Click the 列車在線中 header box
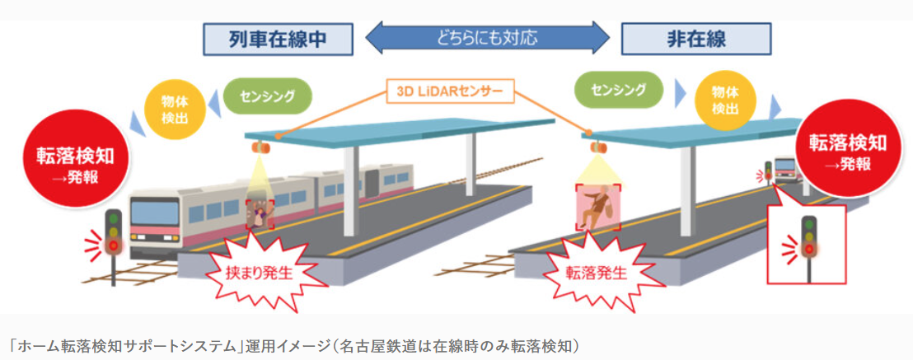tap(278, 38)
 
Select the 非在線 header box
tap(695, 38)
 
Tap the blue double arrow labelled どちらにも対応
tap(486, 37)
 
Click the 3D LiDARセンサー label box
tap(450, 89)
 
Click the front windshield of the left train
tap(155, 218)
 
